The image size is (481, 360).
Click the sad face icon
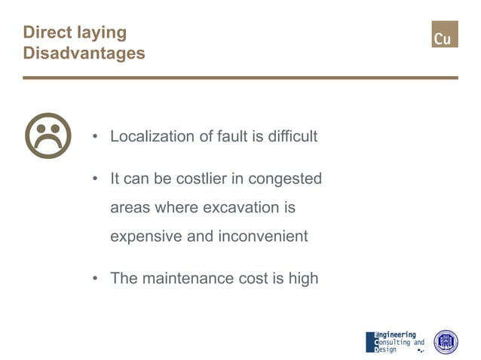tap(48, 136)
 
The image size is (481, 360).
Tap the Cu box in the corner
tap(444, 35)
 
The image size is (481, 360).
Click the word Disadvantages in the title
tap(84, 54)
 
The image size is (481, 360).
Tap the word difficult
tap(290, 137)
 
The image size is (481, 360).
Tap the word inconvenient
tap(263, 236)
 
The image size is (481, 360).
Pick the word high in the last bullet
tap(303, 278)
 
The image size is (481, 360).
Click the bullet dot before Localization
tap(96, 138)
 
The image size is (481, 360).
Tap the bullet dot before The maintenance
tap(96, 279)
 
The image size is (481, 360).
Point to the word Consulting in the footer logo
tap(393, 343)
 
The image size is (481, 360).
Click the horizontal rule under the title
tap(240, 78)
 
